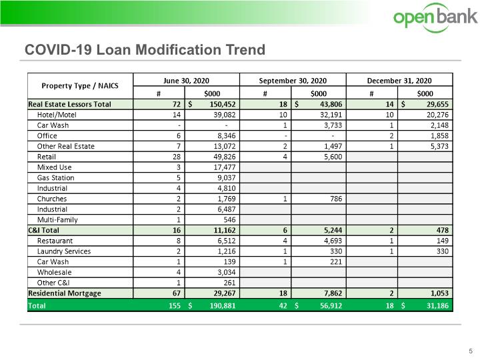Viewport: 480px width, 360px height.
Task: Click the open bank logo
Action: pyautogui.click(x=435, y=17)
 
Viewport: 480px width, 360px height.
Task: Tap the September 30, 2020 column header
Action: pyautogui.click(x=293, y=81)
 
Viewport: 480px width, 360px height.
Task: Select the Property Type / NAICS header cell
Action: pyautogui.click(x=80, y=86)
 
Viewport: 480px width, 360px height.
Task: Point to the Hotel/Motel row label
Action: pyautogui.click(x=57, y=115)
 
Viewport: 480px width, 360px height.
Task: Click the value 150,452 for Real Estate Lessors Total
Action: pyautogui.click(x=223, y=105)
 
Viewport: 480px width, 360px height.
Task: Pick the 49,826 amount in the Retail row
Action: pyautogui.click(x=225, y=157)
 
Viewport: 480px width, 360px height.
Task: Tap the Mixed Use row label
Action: pyautogui.click(x=54, y=167)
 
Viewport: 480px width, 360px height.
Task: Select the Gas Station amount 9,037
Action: pyautogui.click(x=227, y=178)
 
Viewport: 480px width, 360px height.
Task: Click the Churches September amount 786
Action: pyautogui.click(x=336, y=199)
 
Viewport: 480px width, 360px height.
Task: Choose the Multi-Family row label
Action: pyautogui.click(x=57, y=220)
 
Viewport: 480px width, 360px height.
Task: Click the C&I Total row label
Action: pyautogui.click(x=43, y=230)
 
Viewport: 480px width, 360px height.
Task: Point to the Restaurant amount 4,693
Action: pyautogui.click(x=333, y=241)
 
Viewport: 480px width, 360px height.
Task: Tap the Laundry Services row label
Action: pyautogui.click(x=64, y=251)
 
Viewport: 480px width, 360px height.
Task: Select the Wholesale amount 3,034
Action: pyautogui.click(x=227, y=273)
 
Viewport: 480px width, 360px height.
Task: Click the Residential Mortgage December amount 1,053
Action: pyautogui.click(x=439, y=293)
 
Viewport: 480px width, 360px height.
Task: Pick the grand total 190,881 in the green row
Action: pyautogui.click(x=223, y=305)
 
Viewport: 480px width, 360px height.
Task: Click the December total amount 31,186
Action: pyautogui.click(x=437, y=305)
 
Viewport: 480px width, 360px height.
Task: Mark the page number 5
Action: pyautogui.click(x=471, y=351)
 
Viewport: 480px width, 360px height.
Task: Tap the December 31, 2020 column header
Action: pyautogui.click(x=399, y=81)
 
